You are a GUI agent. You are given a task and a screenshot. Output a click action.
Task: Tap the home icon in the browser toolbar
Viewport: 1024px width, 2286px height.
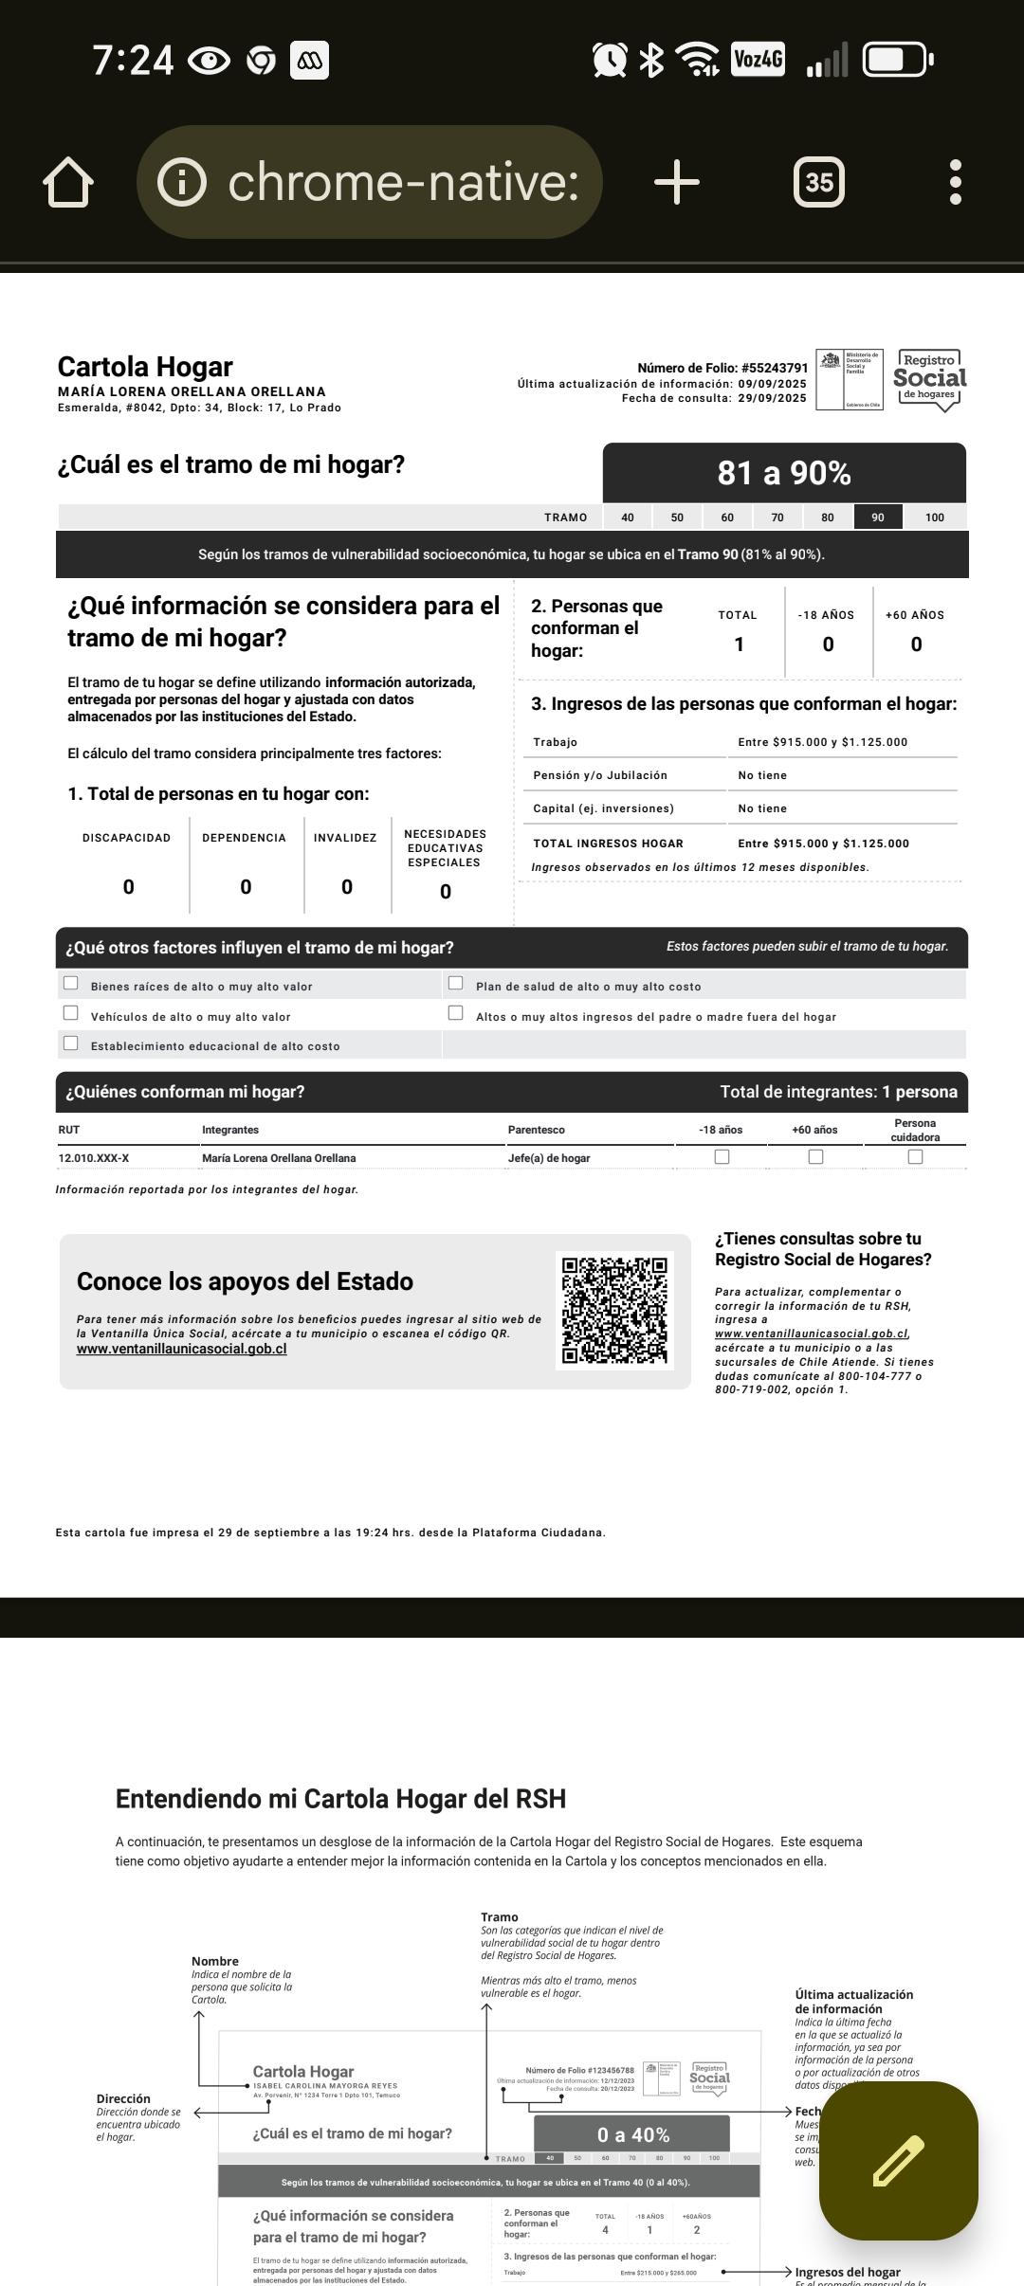[68, 182]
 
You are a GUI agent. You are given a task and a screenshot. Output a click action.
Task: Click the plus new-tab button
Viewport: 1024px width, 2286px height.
[677, 182]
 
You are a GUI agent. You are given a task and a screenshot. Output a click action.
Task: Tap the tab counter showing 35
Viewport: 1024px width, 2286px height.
[818, 182]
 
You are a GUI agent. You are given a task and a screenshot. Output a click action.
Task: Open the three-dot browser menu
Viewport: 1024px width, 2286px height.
[955, 182]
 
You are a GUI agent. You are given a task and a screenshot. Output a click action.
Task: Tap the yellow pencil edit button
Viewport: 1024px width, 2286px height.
[898, 2160]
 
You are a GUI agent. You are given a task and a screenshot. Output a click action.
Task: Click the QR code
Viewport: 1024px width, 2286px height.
[614, 1310]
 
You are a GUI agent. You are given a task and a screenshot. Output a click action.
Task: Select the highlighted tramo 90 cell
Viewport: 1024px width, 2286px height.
[878, 517]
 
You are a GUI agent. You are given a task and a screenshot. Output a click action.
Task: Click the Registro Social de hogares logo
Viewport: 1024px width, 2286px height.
[929, 379]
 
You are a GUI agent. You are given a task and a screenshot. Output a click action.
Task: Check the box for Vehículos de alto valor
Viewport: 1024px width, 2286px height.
[71, 1013]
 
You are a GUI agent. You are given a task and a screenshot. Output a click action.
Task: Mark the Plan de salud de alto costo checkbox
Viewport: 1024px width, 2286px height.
[456, 983]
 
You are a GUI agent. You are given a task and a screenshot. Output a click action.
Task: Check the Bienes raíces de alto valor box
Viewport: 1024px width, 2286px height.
[71, 983]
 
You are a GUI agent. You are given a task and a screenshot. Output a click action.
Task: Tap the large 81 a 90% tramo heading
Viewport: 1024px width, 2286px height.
[784, 473]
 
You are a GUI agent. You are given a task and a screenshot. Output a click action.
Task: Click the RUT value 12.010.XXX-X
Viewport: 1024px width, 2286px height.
[94, 1158]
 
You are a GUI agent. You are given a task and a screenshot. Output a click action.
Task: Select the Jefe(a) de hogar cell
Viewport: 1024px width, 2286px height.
[549, 1158]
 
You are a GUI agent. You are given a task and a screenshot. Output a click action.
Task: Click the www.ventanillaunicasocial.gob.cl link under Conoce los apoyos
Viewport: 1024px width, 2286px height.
[181, 1349]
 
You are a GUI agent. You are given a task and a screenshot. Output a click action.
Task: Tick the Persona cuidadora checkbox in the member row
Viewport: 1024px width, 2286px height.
[915, 1156]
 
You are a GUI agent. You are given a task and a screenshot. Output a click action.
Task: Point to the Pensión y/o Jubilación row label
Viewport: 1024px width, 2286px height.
[600, 775]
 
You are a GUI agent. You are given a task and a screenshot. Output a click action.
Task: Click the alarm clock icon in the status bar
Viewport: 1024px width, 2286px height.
[610, 60]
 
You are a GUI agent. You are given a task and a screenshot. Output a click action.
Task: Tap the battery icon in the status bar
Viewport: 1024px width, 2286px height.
[897, 60]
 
